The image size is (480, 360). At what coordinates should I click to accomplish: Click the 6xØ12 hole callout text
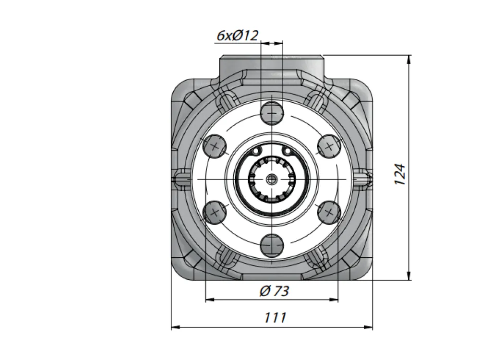coord(238,36)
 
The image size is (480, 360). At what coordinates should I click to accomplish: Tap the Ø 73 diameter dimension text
coord(274,291)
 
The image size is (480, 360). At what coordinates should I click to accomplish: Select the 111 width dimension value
coord(275,317)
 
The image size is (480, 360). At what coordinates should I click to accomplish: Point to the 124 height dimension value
coord(400,174)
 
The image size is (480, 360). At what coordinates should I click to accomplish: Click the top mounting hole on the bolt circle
coord(272,113)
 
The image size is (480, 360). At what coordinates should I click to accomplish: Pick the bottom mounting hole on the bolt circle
coord(272,245)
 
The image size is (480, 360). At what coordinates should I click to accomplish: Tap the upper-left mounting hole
coord(215,146)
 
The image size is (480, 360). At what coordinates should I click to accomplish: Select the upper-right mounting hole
coord(329,146)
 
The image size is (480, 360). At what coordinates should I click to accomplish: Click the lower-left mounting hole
coord(215,212)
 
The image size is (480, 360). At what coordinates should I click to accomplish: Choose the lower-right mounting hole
coord(329,212)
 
